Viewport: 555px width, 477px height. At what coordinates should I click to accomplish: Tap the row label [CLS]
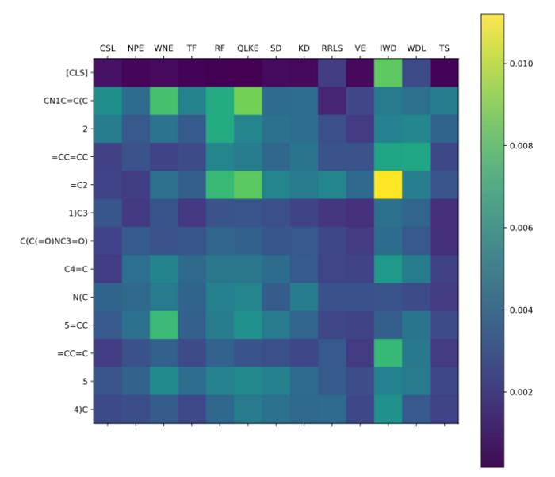[x=74, y=73]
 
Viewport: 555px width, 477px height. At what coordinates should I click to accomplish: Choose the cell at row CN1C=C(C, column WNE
[x=163, y=101]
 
